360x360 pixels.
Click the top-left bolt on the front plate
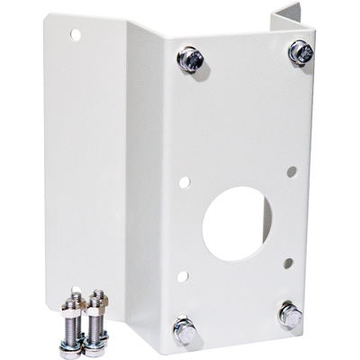tap(191, 59)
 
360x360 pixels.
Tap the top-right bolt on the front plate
tap(300, 52)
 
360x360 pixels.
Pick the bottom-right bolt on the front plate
tap(291, 315)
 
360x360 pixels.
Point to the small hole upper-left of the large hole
tap(184, 182)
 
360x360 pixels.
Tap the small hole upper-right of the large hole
tap(292, 169)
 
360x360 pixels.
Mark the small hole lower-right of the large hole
tap(287, 264)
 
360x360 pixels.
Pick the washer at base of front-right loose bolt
tap(95, 343)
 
